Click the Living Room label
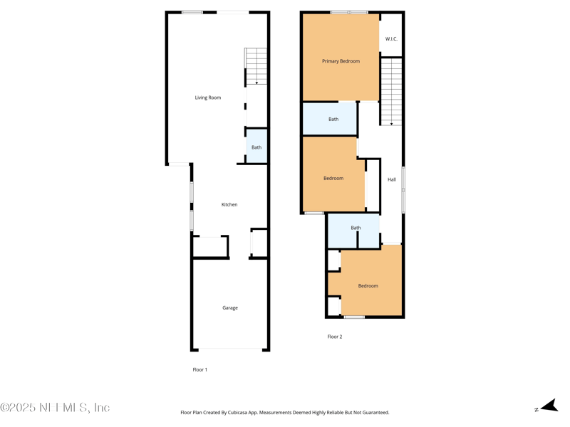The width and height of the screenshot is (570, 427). pyautogui.click(x=208, y=97)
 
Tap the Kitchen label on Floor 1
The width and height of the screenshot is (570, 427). pyautogui.click(x=229, y=205)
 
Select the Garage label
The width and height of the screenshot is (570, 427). pyautogui.click(x=230, y=308)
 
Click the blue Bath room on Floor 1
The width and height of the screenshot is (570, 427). pyautogui.click(x=256, y=146)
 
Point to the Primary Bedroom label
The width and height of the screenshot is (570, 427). pyautogui.click(x=341, y=61)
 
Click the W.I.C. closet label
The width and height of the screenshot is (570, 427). pyautogui.click(x=391, y=39)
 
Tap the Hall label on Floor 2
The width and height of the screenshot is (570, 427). pyautogui.click(x=391, y=179)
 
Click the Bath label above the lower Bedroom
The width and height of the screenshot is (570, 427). pyautogui.click(x=356, y=228)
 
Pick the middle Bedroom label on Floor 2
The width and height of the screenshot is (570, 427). pyautogui.click(x=333, y=179)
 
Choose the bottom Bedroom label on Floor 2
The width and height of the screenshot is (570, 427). pyautogui.click(x=368, y=286)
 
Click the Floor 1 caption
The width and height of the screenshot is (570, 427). pyautogui.click(x=200, y=369)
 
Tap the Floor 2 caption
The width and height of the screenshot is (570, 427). pyautogui.click(x=335, y=337)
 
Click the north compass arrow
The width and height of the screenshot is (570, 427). pyautogui.click(x=549, y=406)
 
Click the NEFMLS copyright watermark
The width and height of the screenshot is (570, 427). pyautogui.click(x=55, y=407)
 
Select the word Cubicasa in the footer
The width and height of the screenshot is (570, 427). pyautogui.click(x=237, y=413)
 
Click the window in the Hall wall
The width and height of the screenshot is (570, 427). pyautogui.click(x=403, y=190)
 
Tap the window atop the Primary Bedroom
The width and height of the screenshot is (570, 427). pyautogui.click(x=349, y=12)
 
